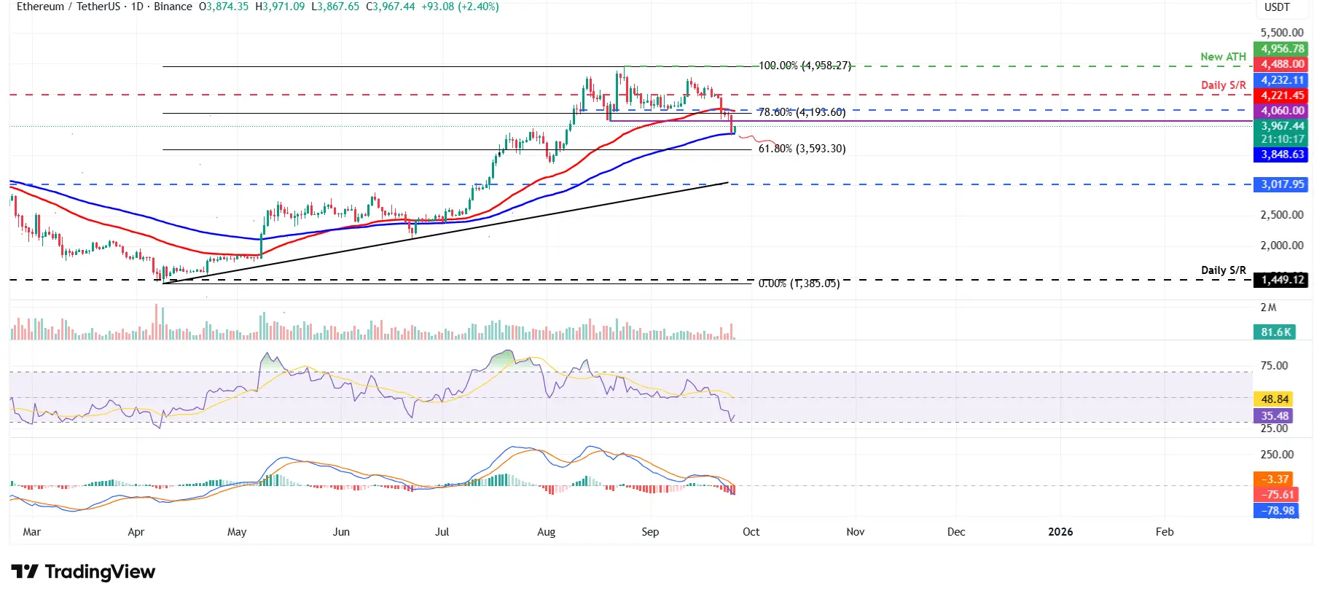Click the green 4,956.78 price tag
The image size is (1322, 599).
(x=1282, y=49)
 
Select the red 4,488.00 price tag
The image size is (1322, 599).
(x=1282, y=64)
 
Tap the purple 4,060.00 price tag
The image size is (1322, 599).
(x=1282, y=111)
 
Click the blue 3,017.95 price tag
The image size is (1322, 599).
(x=1282, y=184)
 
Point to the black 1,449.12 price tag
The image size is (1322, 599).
(x=1282, y=280)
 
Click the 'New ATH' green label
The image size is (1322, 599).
(x=1223, y=57)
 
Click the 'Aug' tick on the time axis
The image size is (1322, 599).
(x=546, y=532)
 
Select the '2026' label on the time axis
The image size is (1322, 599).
(x=1060, y=532)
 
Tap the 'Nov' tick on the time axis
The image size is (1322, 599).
(x=855, y=532)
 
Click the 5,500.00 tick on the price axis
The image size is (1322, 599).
(x=1282, y=33)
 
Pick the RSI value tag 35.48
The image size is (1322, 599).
(x=1275, y=416)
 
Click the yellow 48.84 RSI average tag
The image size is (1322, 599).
(x=1275, y=399)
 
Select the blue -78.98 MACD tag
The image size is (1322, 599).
(x=1278, y=511)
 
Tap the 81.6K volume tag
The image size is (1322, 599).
(x=1275, y=332)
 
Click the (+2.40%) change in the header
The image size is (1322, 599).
(x=478, y=7)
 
